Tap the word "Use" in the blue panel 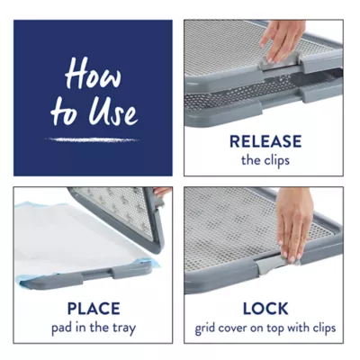tap(113, 112)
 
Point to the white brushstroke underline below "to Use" tap(92, 139)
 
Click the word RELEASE tap(265, 141)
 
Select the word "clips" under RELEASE tap(277, 161)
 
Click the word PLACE tap(94, 309)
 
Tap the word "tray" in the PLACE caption tap(124, 328)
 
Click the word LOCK tap(265, 309)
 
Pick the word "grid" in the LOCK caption tap(205, 328)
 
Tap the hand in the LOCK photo tap(292, 223)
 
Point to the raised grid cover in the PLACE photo tap(120, 215)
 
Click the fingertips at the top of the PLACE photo tap(163, 192)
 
